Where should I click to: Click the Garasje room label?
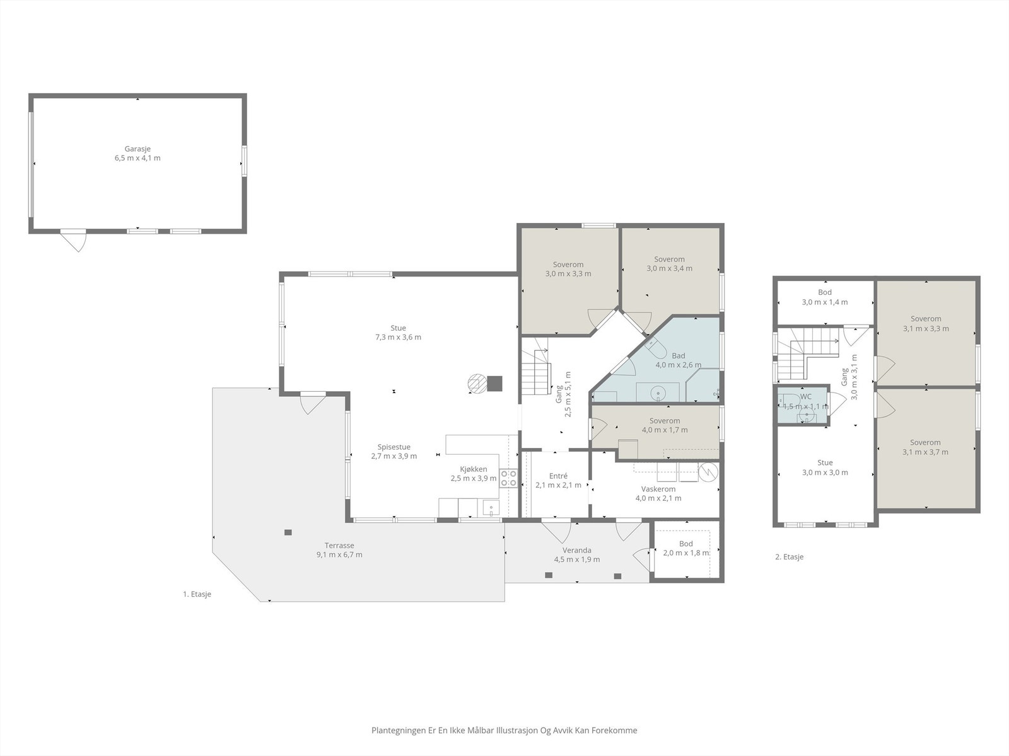[137, 149]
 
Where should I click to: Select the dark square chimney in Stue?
[494, 383]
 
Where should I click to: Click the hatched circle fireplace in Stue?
[476, 383]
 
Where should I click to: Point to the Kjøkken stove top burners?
[508, 478]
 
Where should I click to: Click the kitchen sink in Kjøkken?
[491, 508]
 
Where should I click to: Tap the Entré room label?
[558, 476]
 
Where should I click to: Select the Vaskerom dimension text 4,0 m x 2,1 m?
[658, 498]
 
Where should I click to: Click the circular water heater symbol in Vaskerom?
[708, 472]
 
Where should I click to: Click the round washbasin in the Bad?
[658, 393]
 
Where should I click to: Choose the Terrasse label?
[339, 546]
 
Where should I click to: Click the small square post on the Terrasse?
[288, 532]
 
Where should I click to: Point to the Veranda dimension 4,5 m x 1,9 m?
[577, 559]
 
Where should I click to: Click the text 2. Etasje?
[790, 557]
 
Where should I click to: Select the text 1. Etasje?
[197, 594]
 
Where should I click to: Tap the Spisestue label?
[394, 447]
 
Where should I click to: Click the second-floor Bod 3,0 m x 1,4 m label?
[825, 297]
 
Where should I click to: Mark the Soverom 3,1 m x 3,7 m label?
[925, 447]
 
